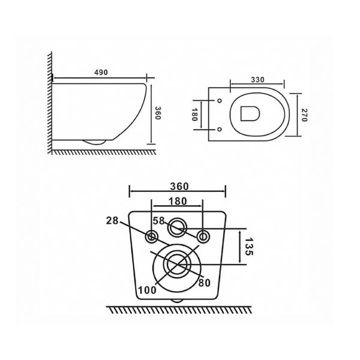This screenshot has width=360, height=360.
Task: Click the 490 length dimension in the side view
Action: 101,73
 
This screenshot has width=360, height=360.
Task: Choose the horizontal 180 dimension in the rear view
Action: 178,201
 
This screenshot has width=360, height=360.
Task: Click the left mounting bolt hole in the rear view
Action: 152,235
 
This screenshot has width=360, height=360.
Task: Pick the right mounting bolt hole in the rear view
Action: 204,235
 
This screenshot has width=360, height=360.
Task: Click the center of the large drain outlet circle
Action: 178,263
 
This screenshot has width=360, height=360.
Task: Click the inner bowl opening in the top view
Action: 248,113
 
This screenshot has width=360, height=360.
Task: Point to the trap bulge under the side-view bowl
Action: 95,142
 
